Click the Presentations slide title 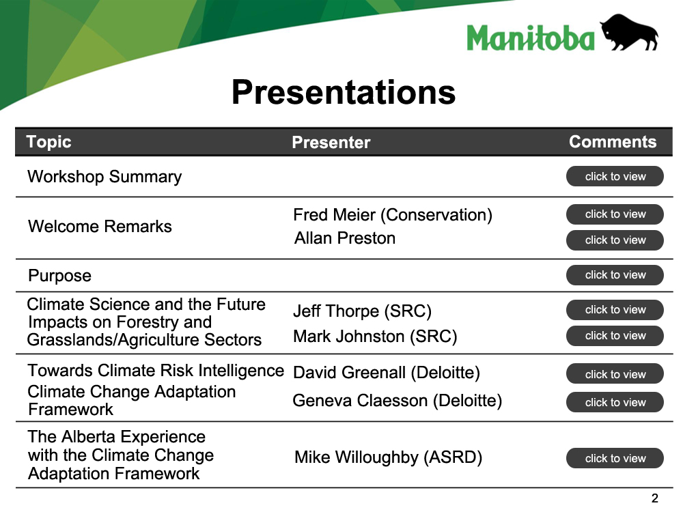pos(344,92)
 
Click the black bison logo pos(629,32)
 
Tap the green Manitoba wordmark pos(531,38)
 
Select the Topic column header pos(48,143)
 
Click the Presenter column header pos(331,143)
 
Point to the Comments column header pos(613,142)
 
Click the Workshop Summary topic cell pos(104,177)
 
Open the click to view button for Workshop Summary pos(615,176)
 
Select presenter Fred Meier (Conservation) pos(393,215)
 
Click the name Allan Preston pos(345,238)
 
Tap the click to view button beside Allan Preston pos(615,240)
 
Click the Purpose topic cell pos(59,276)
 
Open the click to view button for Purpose pos(615,274)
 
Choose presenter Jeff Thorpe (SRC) pos(363,311)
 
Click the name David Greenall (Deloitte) pos(387,373)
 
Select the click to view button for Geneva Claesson pos(615,402)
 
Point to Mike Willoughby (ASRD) pos(389,457)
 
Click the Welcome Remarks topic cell pos(100,227)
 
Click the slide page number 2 pos(654,498)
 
